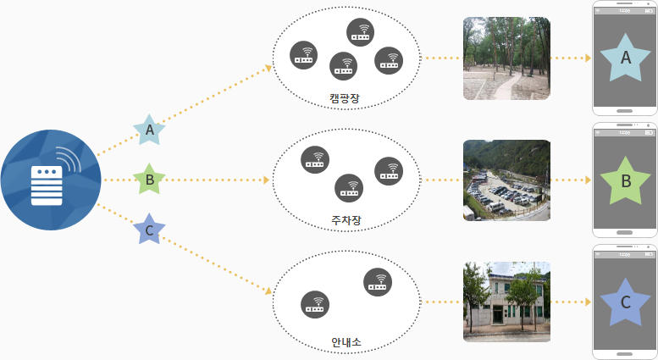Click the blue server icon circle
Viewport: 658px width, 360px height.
[51, 180]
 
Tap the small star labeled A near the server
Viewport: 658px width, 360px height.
[150, 130]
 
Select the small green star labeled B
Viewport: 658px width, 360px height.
[150, 180]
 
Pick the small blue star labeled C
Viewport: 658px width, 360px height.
[150, 230]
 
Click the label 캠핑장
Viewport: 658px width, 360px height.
[345, 99]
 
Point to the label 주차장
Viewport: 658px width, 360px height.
[346, 220]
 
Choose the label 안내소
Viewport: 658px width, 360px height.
[346, 342]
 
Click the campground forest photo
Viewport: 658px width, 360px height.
[506, 58]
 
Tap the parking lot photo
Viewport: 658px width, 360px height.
[506, 180]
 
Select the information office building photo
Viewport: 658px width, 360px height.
[506, 302]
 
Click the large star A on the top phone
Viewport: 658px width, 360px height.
[626, 58]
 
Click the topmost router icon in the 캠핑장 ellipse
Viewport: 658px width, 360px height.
[362, 32]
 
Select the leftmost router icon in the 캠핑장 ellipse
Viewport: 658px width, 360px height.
[304, 54]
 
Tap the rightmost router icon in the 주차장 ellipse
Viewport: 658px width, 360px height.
[389, 170]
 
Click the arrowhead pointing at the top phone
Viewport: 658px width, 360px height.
[587, 58]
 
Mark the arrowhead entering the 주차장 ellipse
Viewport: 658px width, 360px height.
[267, 180]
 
